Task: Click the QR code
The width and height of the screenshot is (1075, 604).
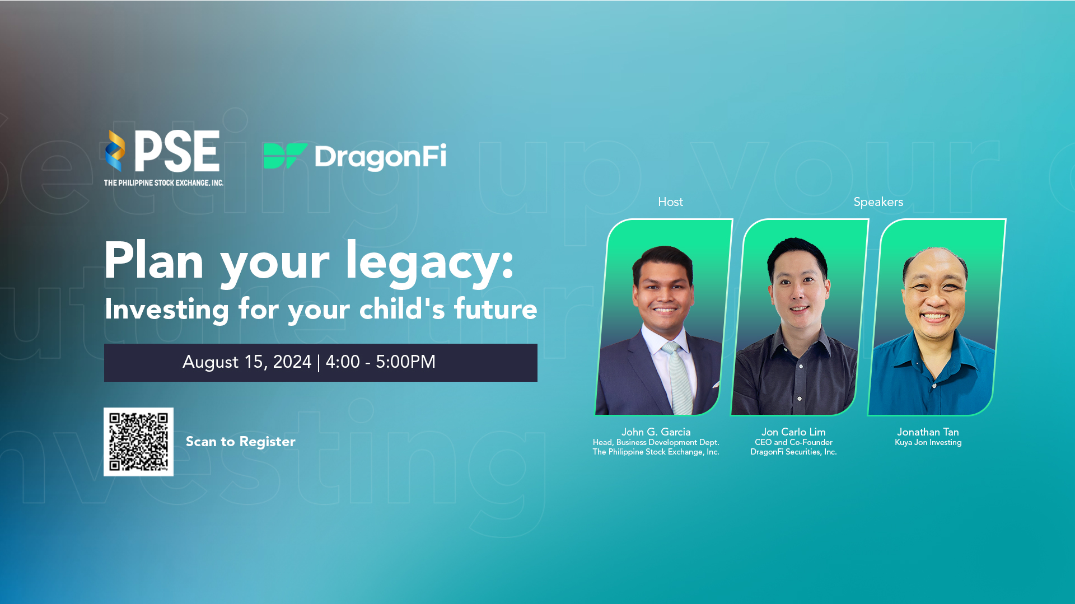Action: (x=138, y=442)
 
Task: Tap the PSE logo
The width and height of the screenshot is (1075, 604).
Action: (x=163, y=158)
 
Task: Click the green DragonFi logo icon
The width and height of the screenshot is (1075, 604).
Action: (x=285, y=156)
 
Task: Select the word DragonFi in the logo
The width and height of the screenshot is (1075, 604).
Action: (x=381, y=157)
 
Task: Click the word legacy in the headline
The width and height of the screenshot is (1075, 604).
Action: (x=429, y=262)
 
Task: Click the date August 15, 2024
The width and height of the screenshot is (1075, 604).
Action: (x=247, y=362)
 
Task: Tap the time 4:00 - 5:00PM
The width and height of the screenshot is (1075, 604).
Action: (x=381, y=362)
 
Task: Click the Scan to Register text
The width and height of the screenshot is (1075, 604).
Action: (x=240, y=442)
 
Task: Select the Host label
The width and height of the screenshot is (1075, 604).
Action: (x=670, y=202)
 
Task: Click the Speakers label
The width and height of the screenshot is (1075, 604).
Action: (x=878, y=202)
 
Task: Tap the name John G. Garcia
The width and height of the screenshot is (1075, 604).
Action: (x=656, y=432)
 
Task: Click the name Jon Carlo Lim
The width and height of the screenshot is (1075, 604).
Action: (x=793, y=432)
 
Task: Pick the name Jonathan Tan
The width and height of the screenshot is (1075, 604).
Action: (x=928, y=432)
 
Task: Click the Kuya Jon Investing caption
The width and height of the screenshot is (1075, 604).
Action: (x=928, y=442)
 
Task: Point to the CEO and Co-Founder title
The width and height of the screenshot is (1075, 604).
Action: (x=793, y=442)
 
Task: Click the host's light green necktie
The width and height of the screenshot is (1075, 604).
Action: (x=679, y=381)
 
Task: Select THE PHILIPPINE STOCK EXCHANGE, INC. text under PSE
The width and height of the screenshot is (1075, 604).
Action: (x=163, y=182)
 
